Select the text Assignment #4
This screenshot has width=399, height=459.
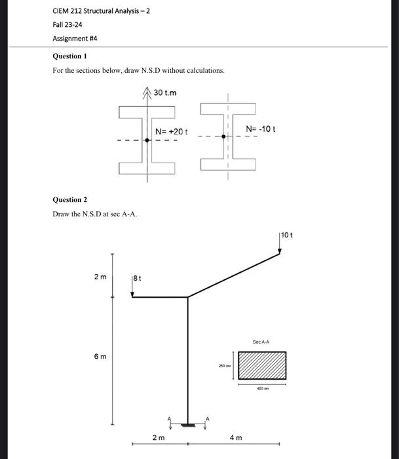click(75, 38)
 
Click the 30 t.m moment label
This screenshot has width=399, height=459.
click(164, 92)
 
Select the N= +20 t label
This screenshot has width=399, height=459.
click(171, 131)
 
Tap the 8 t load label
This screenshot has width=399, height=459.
click(136, 279)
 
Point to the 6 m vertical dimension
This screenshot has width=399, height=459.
click(100, 356)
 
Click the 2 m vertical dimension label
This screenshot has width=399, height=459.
click(100, 277)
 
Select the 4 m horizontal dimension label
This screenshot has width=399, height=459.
click(235, 437)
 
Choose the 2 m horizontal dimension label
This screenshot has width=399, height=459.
click(159, 437)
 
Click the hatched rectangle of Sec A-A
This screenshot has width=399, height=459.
click(261, 366)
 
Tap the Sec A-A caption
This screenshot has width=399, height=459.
click(261, 342)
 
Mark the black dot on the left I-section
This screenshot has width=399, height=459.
click(147, 140)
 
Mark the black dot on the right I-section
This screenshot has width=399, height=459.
click(224, 137)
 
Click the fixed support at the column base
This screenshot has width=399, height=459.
click(188, 425)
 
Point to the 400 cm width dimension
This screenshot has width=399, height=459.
click(261, 388)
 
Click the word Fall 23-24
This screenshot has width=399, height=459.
click(67, 24)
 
